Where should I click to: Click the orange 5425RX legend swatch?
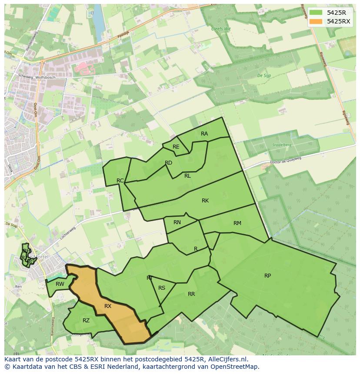tap(316, 21)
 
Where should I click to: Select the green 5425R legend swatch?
tap(316, 12)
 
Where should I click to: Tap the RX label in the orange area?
tap(108, 306)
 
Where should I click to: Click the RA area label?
tap(204, 134)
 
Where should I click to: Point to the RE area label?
tap(176, 147)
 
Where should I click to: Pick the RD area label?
tap(168, 163)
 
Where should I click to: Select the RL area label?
tap(187, 176)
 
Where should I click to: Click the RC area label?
tap(120, 181)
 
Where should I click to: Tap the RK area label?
tap(205, 201)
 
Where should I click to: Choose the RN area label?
tap(177, 222)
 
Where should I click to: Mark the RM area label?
tap(237, 223)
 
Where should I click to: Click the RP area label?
tap(267, 276)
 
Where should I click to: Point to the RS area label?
tap(162, 288)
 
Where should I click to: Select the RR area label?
tap(191, 294)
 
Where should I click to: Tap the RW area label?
tap(60, 285)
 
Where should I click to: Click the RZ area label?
tap(86, 321)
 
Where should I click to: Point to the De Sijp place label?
tap(264, 76)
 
